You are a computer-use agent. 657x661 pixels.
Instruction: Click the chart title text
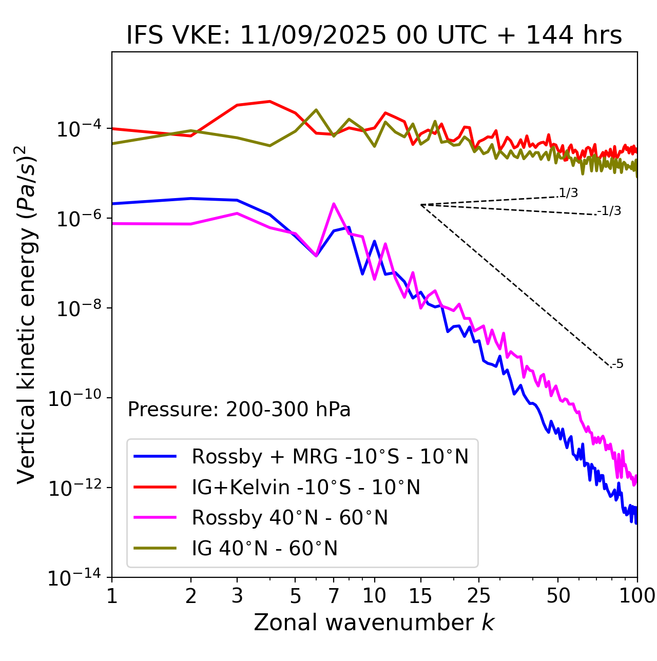pos(374,36)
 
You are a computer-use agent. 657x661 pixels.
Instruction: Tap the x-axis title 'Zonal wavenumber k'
pos(374,622)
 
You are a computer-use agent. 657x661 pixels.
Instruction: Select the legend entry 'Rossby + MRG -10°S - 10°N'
pos(330,456)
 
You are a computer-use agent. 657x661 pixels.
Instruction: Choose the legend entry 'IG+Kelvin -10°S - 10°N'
pos(306,487)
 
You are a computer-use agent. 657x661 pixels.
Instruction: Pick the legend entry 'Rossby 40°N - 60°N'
pos(289,518)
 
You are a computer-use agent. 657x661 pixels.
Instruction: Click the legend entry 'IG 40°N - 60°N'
pos(264,549)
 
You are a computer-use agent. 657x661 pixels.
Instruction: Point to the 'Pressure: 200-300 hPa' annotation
pos(239,410)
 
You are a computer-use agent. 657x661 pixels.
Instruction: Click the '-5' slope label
pos(617,364)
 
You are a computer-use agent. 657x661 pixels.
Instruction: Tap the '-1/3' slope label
pos(609,211)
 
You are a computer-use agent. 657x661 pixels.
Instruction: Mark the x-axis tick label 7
pos(334,596)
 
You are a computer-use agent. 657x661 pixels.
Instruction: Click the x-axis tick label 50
pos(558,596)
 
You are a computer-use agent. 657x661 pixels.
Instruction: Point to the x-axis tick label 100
pos(637,596)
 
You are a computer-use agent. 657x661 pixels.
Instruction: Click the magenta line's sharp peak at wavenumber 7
pos(334,204)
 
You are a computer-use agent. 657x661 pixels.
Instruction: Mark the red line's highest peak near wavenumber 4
pos(269,101)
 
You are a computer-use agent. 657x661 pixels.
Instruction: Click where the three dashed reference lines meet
pos(421,205)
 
